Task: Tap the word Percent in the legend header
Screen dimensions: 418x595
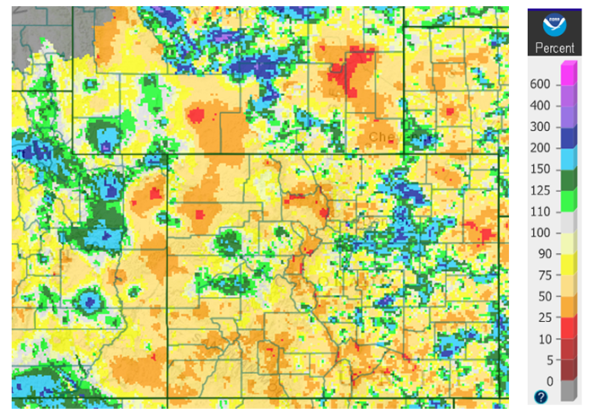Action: (554, 48)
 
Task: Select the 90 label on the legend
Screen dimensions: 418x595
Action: (543, 253)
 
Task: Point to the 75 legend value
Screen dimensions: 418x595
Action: (543, 274)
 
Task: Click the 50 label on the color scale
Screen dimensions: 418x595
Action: (543, 296)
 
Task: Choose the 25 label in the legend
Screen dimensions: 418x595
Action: (543, 317)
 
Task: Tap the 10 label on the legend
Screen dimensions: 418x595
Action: (543, 338)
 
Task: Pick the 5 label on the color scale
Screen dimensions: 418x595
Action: (546, 359)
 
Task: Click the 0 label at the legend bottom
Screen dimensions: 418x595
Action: (546, 381)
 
